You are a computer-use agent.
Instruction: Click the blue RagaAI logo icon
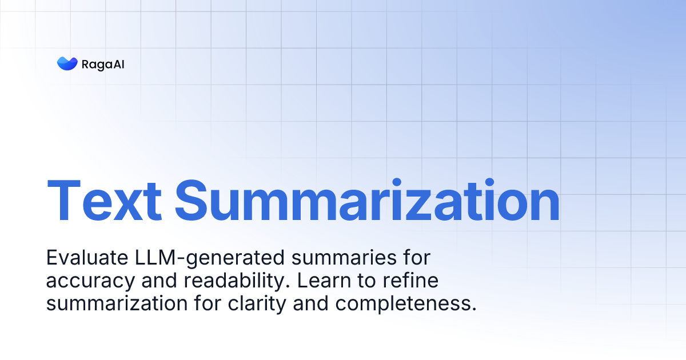pyautogui.click(x=67, y=63)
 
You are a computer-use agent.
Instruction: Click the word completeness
pyautogui.click(x=403, y=304)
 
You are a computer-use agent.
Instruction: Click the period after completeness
pyautogui.click(x=473, y=309)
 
